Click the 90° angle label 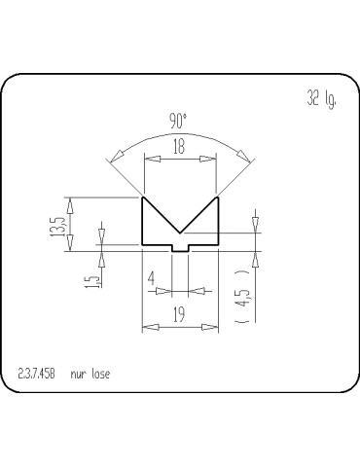[x=178, y=122]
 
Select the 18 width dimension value [x=179, y=148]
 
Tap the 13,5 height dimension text [x=57, y=224]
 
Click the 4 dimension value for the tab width [x=152, y=280]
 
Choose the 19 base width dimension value [x=179, y=313]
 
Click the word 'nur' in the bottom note [x=80, y=374]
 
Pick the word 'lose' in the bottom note [x=100, y=373]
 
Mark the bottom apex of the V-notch [x=180, y=234]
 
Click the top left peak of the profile [x=144, y=198]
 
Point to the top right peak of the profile [x=216, y=198]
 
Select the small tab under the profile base [x=180, y=249]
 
